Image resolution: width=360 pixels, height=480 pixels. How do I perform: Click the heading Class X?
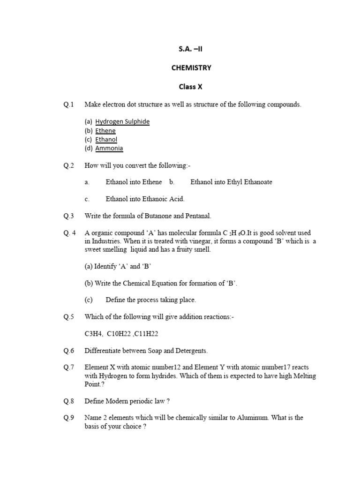click(190, 86)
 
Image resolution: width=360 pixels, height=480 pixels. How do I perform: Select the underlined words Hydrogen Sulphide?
click(122, 121)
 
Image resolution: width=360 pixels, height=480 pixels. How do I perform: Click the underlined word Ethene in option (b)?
click(105, 131)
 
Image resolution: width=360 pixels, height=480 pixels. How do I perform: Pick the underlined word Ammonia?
click(109, 148)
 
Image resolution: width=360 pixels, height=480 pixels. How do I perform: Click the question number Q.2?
click(69, 165)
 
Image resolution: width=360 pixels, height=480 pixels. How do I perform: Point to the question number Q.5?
click(69, 317)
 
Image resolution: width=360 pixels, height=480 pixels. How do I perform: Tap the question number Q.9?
click(69, 418)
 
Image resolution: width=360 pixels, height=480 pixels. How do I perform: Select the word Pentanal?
click(197, 216)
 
